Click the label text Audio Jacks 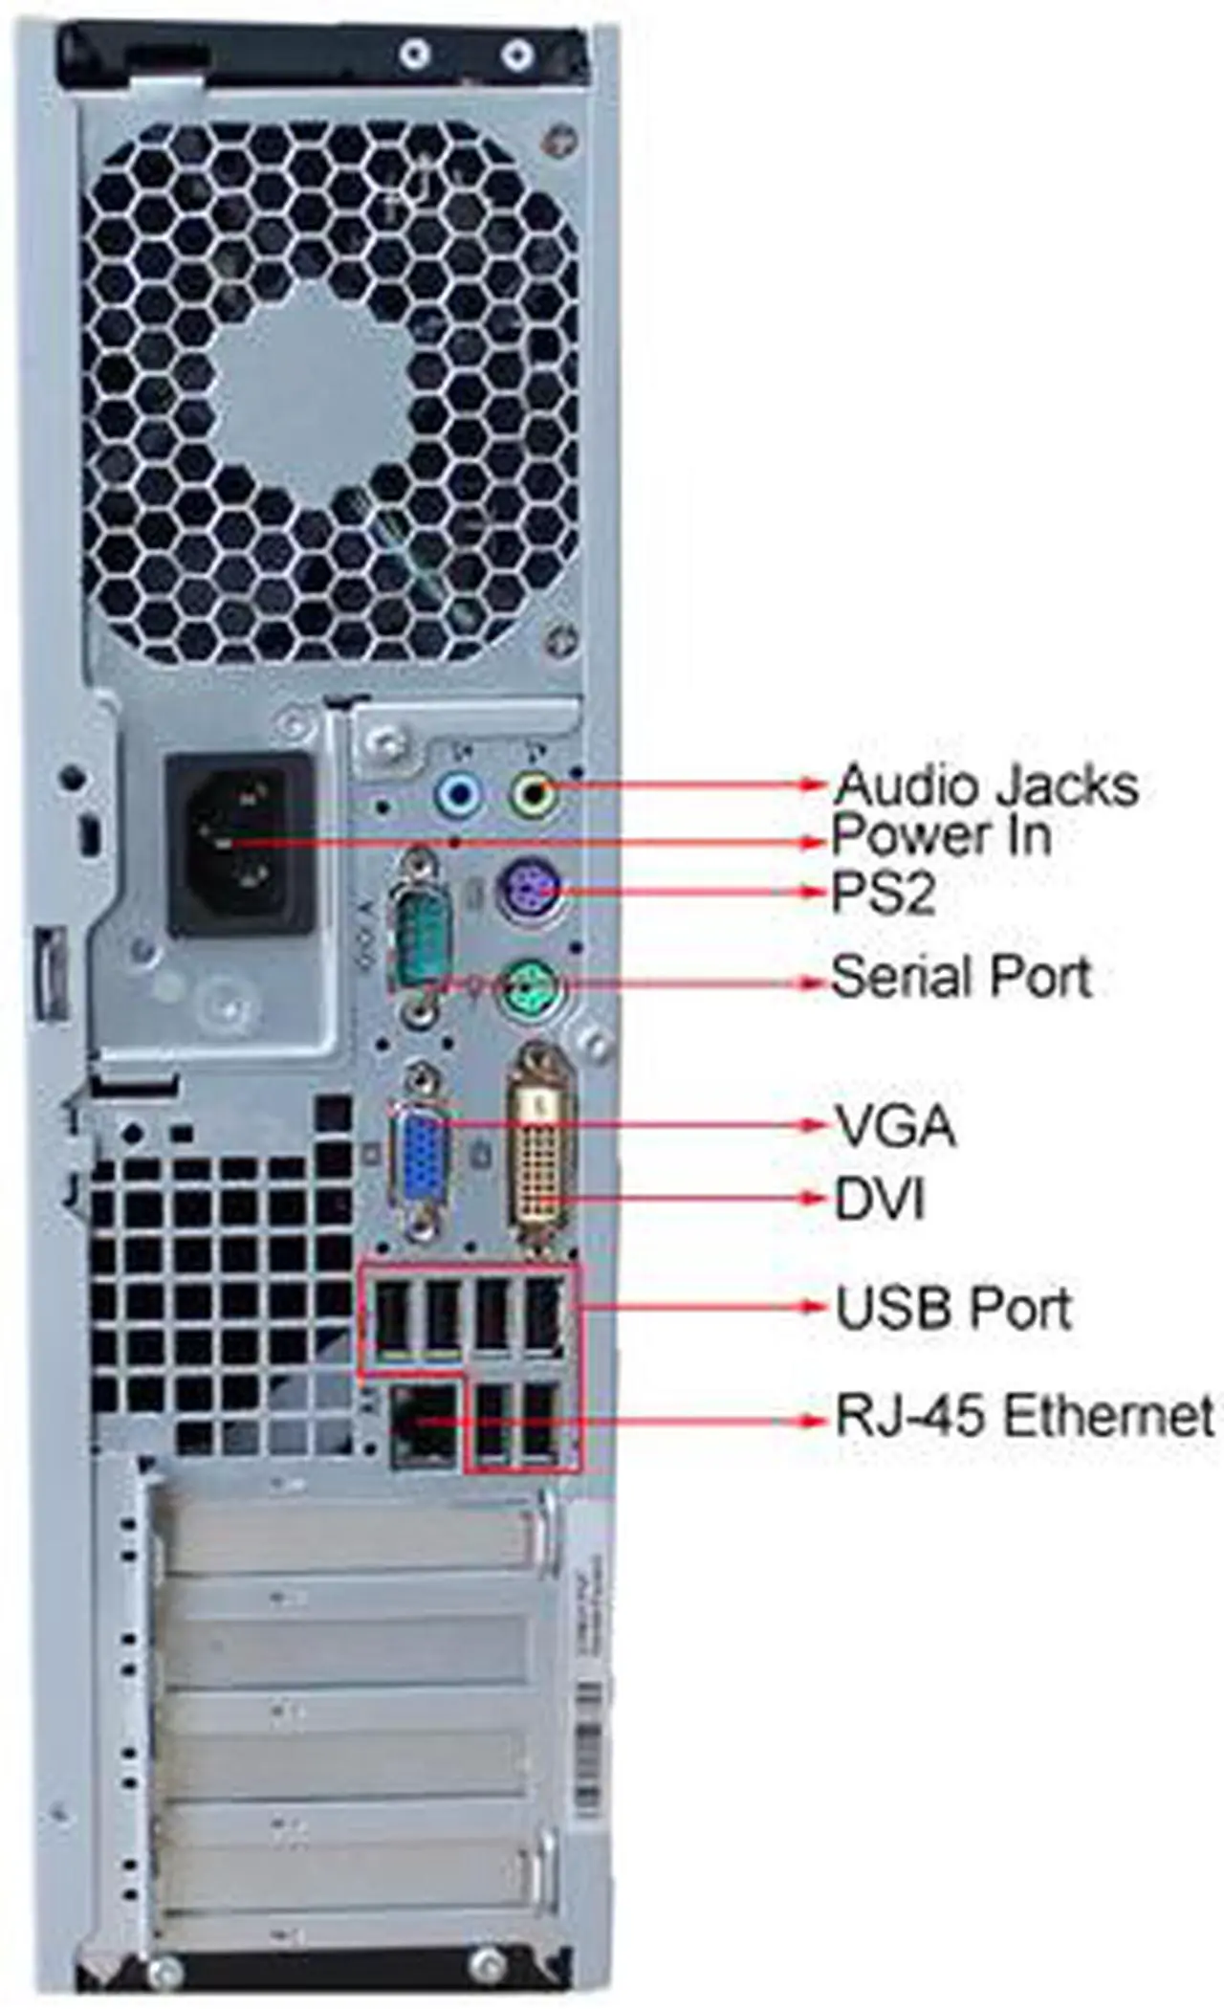point(986,785)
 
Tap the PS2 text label point(883,894)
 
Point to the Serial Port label point(961,977)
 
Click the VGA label point(895,1125)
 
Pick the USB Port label point(953,1308)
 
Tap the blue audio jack point(458,793)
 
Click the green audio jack point(532,793)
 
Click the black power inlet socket point(239,844)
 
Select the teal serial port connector point(421,934)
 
